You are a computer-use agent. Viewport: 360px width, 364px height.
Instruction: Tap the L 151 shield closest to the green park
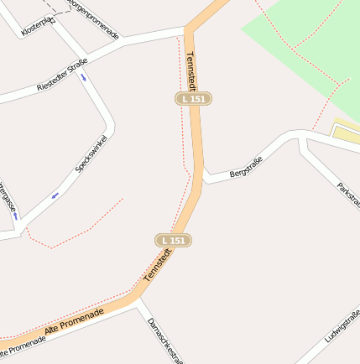(193, 99)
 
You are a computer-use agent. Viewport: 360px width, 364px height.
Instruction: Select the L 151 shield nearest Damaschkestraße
(174, 241)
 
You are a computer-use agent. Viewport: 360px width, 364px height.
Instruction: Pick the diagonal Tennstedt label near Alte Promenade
(158, 264)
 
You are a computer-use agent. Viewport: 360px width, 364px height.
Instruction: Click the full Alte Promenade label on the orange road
(75, 321)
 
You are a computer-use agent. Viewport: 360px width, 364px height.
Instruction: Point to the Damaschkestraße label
(164, 340)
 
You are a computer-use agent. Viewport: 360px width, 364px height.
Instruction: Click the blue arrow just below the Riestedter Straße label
(83, 77)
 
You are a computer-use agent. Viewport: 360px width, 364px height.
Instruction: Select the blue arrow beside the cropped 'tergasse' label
(15, 216)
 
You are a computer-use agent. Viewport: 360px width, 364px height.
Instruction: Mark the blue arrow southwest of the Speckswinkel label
(55, 195)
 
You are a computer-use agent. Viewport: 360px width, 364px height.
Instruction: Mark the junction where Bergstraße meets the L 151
(202, 178)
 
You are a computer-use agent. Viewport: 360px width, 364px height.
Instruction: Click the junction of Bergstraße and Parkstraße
(302, 137)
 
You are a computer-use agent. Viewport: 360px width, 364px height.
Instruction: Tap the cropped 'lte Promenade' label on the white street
(23, 344)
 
